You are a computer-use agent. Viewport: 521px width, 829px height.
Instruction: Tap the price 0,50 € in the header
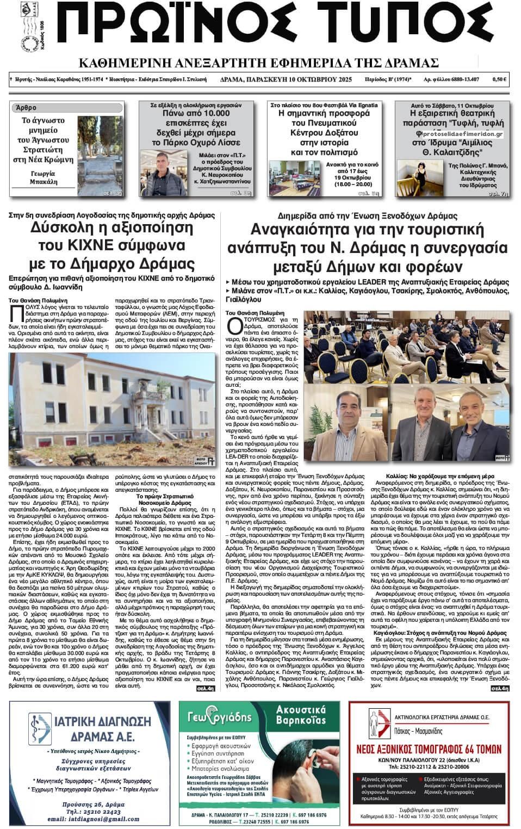(499, 79)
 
